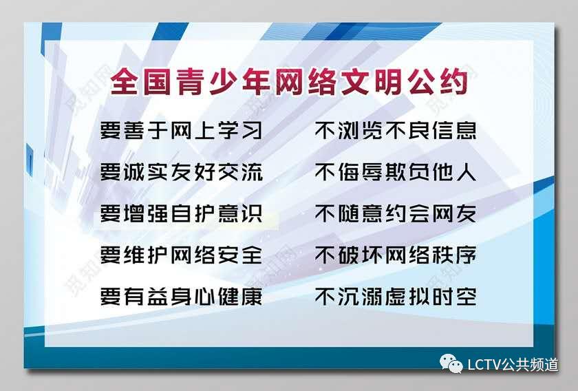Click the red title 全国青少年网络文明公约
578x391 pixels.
289,82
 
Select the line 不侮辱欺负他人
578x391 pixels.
396,172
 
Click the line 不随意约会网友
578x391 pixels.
396,213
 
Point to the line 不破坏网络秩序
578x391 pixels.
396,255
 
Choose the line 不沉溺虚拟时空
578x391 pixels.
396,297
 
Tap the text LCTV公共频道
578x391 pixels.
513,364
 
